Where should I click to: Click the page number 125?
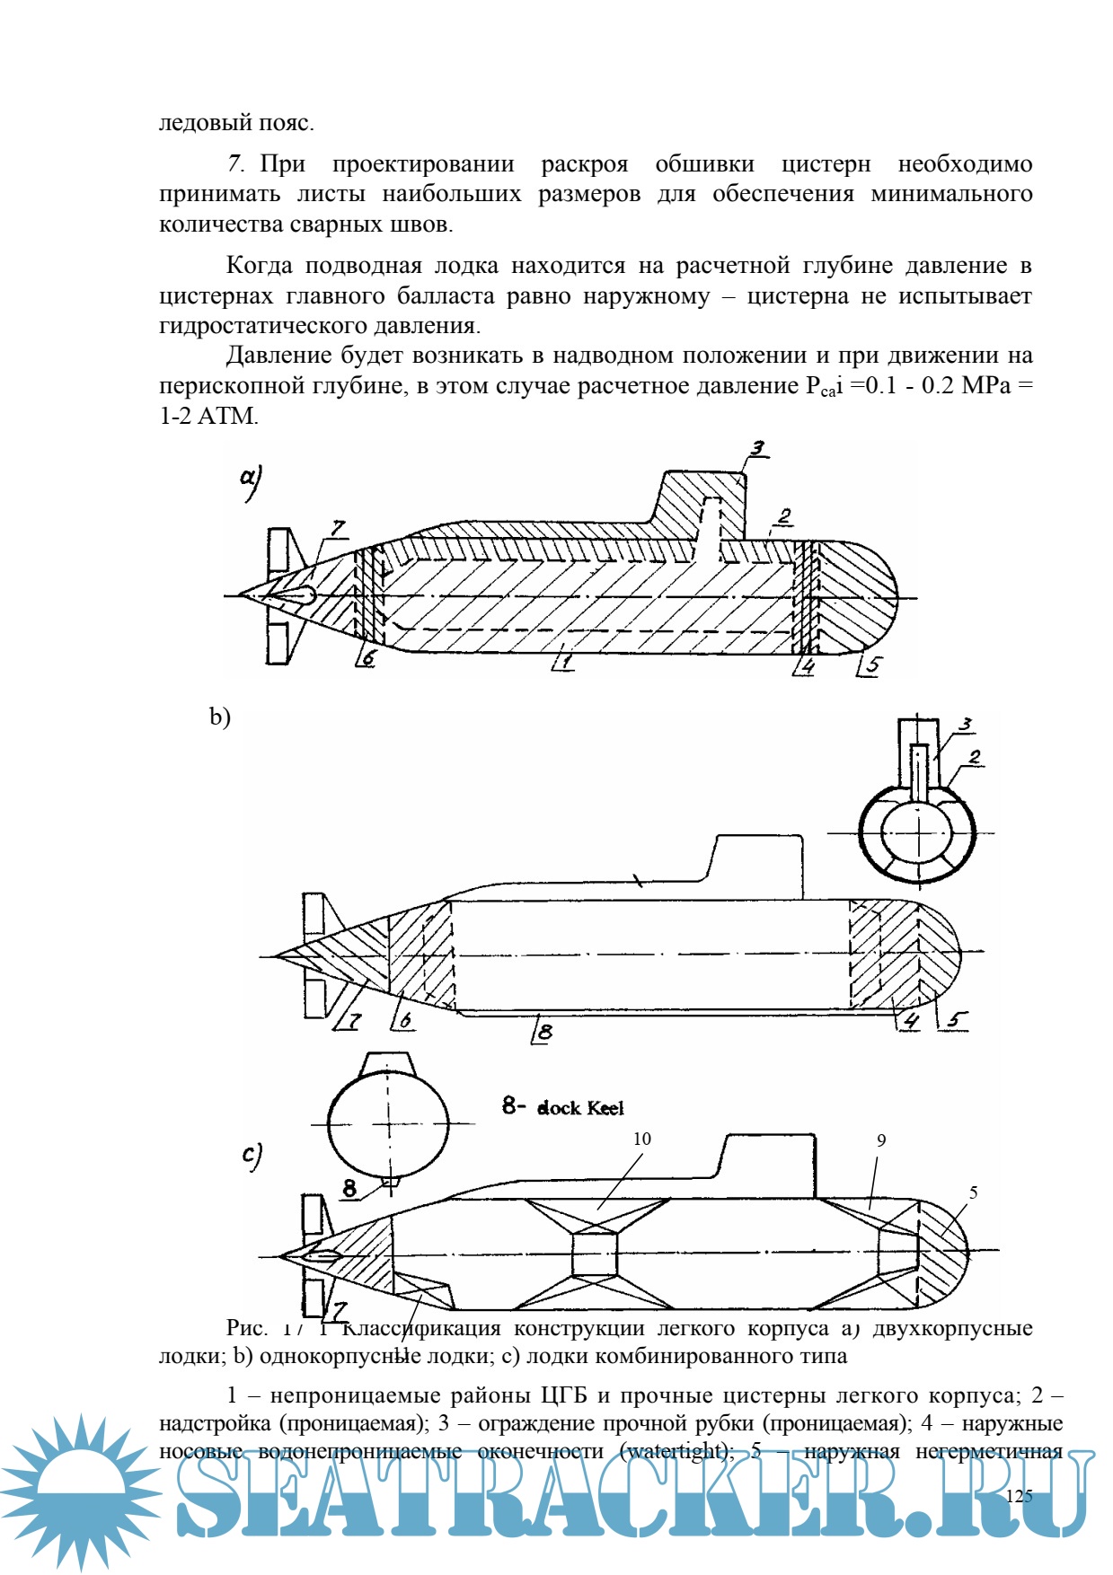pyautogui.click(x=1019, y=1495)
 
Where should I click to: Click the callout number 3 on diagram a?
pyautogui.click(x=758, y=448)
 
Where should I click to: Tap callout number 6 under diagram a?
pyautogui.click(x=367, y=658)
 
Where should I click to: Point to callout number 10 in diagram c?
pyautogui.click(x=641, y=1139)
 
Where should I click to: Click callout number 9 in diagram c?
pyautogui.click(x=881, y=1140)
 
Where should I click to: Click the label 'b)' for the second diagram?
pyautogui.click(x=220, y=717)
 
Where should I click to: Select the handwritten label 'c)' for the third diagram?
pyautogui.click(x=252, y=1155)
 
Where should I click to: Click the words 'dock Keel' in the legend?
pyautogui.click(x=580, y=1108)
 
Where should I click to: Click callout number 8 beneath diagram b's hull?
pyautogui.click(x=543, y=1032)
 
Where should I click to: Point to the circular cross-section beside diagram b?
pyautogui.click(x=916, y=833)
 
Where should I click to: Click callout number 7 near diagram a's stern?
pyautogui.click(x=337, y=528)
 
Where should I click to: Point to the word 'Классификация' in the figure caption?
pyautogui.click(x=422, y=1327)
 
